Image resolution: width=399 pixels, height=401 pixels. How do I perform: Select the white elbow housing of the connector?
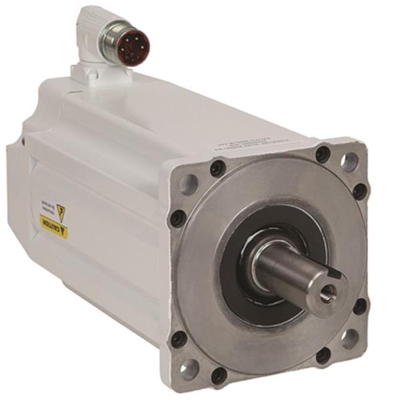[x=90, y=30]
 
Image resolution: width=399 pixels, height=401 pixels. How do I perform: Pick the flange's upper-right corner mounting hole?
[x=349, y=160]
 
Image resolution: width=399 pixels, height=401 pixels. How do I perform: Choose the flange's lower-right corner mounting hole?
[x=350, y=338]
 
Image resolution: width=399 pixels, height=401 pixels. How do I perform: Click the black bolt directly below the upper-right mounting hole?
[x=360, y=191]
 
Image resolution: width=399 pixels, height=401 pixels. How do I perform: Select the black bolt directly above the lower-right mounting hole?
[x=360, y=307]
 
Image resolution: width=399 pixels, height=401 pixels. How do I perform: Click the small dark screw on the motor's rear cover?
[x=23, y=142]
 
